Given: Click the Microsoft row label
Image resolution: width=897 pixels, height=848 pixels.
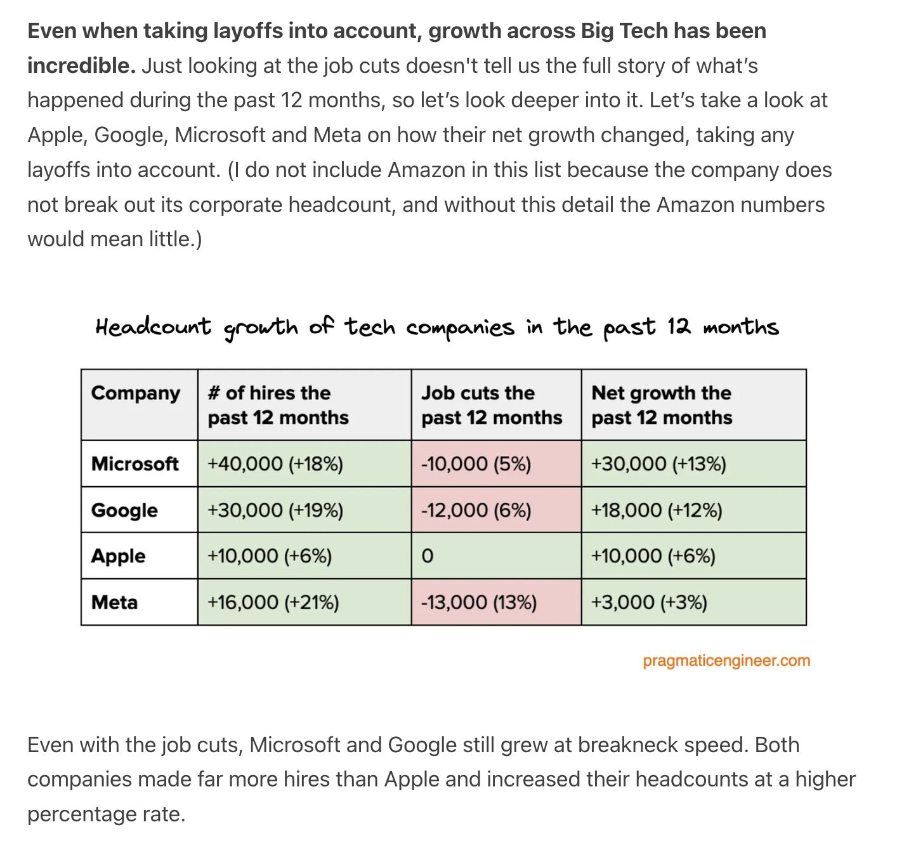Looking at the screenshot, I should pos(134,464).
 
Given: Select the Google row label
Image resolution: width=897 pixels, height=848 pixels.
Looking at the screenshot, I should pos(124,510).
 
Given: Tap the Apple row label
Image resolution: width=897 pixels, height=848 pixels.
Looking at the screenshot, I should pos(118,556).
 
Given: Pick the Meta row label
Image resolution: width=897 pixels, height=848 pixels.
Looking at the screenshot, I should pos(114,602).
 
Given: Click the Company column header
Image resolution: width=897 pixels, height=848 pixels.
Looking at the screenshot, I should pos(136,394).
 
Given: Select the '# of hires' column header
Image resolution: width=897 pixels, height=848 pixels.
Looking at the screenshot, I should pos(278,405).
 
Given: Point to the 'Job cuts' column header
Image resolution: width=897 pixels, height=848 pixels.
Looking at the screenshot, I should pos(492,405).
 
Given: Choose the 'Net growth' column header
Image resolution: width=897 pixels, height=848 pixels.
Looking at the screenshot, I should pos(662,405).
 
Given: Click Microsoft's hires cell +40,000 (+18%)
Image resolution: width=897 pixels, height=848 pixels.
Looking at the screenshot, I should pos(275,464).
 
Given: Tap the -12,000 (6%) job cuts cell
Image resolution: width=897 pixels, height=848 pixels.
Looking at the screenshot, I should pos(476,510).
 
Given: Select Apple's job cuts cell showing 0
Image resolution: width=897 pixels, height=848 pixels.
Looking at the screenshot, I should pos(428,557).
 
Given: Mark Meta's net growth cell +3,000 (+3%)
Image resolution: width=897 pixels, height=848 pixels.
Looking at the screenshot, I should pos(649,602).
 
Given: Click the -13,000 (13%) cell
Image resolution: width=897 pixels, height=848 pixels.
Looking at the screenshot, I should pos(479,602).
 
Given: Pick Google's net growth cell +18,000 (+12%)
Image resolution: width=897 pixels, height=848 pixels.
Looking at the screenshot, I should pos(657,510).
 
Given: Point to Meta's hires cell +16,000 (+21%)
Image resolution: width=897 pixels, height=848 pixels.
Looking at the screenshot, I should pos(273,602).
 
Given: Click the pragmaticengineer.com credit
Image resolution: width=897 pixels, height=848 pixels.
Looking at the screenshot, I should pos(726,661).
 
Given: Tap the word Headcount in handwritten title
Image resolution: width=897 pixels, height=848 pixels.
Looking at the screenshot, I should pos(153,327).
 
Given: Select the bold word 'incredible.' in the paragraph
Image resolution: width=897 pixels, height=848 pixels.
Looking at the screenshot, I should pos(81,65).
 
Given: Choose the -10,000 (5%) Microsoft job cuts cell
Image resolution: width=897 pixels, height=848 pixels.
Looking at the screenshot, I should pos(476,464).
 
